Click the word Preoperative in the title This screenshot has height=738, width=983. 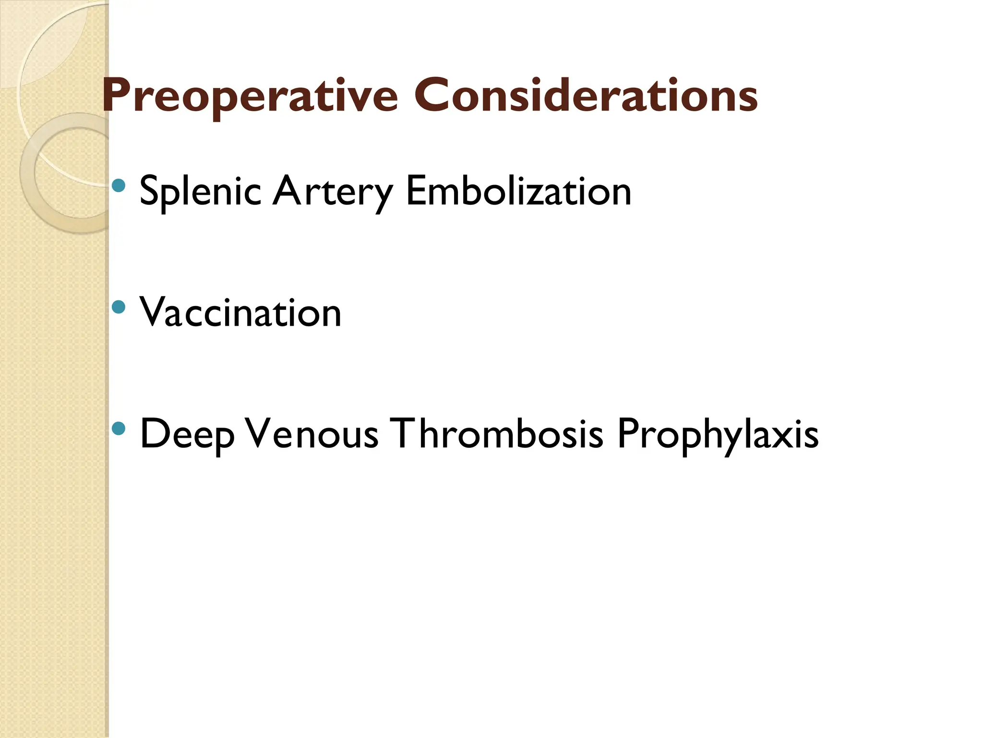(x=250, y=96)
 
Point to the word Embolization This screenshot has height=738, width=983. (x=518, y=191)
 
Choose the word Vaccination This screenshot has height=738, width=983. (x=240, y=312)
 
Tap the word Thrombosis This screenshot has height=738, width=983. (x=497, y=434)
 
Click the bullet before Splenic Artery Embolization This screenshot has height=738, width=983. (x=118, y=185)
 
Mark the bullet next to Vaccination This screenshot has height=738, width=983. (x=118, y=307)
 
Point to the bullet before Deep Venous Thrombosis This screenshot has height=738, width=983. (x=118, y=428)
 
